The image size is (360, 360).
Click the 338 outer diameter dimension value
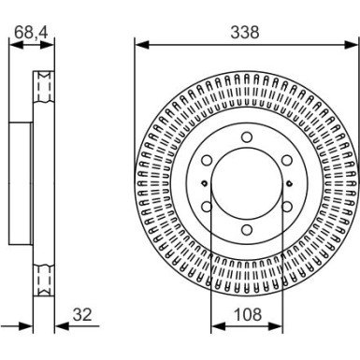(x=245, y=32)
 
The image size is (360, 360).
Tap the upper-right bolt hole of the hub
(x=285, y=161)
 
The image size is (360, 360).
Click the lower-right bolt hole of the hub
(x=285, y=208)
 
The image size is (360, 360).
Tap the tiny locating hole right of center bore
(x=288, y=184)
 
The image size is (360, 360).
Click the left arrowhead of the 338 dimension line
(x=139, y=42)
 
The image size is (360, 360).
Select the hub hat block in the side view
(x=21, y=184)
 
